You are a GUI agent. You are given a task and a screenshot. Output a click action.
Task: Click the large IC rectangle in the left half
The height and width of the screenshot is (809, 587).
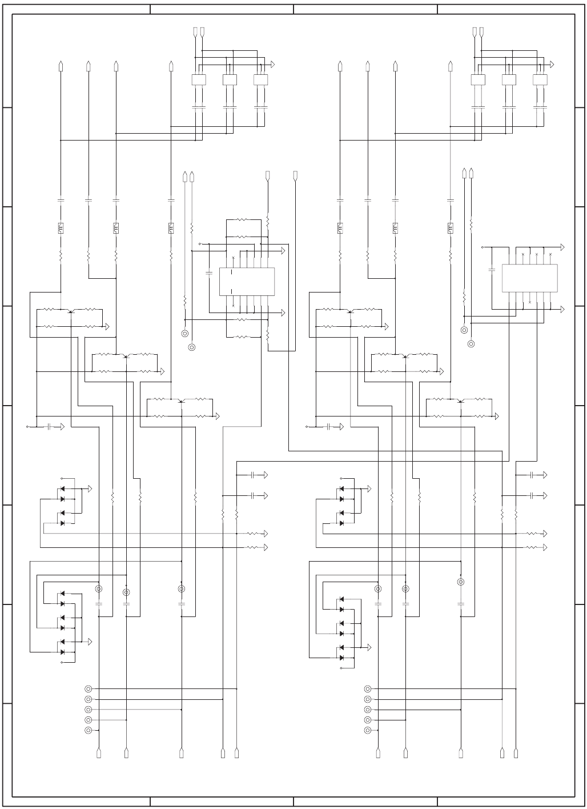(x=247, y=282)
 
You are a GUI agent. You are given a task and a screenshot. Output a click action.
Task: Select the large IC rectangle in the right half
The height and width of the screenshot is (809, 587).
(x=529, y=278)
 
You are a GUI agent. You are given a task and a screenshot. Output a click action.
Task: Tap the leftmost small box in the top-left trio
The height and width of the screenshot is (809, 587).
(x=198, y=80)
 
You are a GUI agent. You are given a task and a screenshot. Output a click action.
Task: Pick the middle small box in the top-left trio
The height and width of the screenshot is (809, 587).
(x=230, y=80)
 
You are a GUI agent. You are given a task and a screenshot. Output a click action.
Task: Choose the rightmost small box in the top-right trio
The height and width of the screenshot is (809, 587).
(x=540, y=80)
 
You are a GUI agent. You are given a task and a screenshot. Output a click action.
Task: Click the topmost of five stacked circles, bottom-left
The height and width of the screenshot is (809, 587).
(x=88, y=689)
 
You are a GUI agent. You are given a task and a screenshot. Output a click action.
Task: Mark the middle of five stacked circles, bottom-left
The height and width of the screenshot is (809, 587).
(x=88, y=710)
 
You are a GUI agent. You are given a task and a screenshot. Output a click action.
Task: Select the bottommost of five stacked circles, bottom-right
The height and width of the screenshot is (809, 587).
(x=368, y=730)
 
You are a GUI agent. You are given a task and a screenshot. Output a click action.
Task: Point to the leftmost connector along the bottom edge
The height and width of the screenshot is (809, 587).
(x=99, y=753)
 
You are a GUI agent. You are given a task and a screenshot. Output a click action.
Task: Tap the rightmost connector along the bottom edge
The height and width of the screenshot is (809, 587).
(x=516, y=753)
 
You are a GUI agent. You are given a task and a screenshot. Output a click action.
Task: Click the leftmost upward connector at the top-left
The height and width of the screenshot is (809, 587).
(x=61, y=66)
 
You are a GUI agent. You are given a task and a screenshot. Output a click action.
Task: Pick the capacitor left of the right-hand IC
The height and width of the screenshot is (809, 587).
(x=492, y=268)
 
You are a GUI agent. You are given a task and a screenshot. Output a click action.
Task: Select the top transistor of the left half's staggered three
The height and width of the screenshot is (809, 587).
(x=70, y=311)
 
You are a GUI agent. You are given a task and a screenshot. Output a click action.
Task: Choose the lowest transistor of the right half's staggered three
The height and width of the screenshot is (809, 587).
(x=460, y=401)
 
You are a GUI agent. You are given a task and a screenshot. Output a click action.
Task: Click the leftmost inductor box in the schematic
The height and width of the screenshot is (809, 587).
(x=61, y=228)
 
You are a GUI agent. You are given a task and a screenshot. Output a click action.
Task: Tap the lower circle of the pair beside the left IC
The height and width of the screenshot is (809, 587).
(x=192, y=346)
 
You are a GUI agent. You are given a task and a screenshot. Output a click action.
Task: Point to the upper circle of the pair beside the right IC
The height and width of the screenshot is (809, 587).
(x=464, y=330)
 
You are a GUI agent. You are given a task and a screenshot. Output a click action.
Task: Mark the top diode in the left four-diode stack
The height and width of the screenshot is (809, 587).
(x=62, y=489)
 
